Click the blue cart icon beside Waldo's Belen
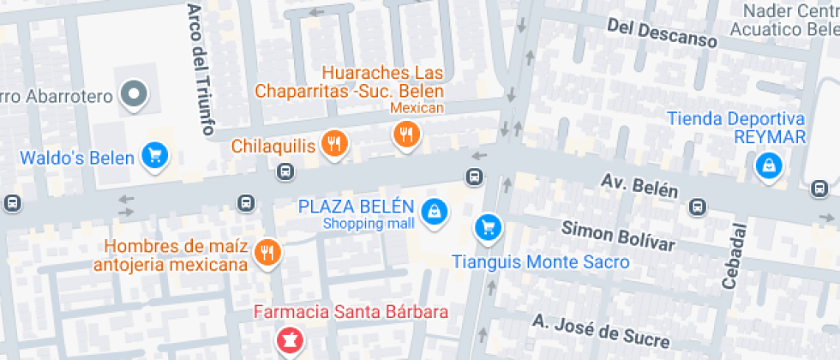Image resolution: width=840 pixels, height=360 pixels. click(155, 155)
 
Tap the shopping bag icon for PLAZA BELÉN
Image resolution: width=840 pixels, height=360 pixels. click(435, 211)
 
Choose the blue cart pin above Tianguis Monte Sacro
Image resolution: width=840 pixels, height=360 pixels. click(488, 226)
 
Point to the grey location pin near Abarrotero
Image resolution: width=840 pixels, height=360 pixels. click(133, 95)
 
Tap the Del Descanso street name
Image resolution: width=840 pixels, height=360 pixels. click(661, 32)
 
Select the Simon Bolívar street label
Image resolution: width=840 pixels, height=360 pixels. click(618, 236)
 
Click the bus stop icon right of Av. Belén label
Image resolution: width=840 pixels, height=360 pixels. click(699, 207)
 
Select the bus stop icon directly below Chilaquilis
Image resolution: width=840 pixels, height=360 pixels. click(285, 173)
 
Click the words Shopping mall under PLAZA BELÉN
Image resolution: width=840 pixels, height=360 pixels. click(369, 224)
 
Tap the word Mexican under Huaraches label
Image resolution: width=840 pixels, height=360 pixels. click(417, 108)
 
